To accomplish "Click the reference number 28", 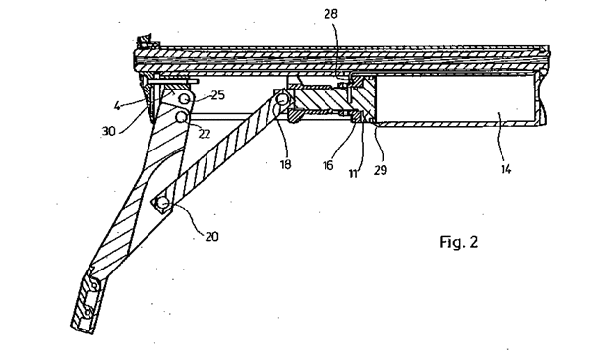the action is (x=331, y=14).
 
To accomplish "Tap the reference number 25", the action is (x=218, y=95).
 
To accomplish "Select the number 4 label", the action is (x=118, y=106).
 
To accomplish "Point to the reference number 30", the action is (x=108, y=131).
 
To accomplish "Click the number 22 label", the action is (x=205, y=134).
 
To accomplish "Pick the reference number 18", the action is (x=286, y=164).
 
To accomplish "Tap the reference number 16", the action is (x=327, y=165).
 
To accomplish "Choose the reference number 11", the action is (x=353, y=174).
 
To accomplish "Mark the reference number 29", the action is (x=381, y=170).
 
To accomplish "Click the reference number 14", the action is (x=506, y=169).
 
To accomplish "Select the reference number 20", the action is (x=211, y=237).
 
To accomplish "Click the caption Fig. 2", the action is (x=458, y=242).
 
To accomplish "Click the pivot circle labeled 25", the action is (x=184, y=98).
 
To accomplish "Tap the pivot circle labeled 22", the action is (x=182, y=117).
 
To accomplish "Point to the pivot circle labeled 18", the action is (x=282, y=100).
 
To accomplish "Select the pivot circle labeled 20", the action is (x=163, y=204).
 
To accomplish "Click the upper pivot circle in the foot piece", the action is (x=93, y=286).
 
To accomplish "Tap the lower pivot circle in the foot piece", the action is (x=88, y=312).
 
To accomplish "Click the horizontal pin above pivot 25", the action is (x=174, y=81).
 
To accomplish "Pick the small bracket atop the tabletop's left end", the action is (x=146, y=42).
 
